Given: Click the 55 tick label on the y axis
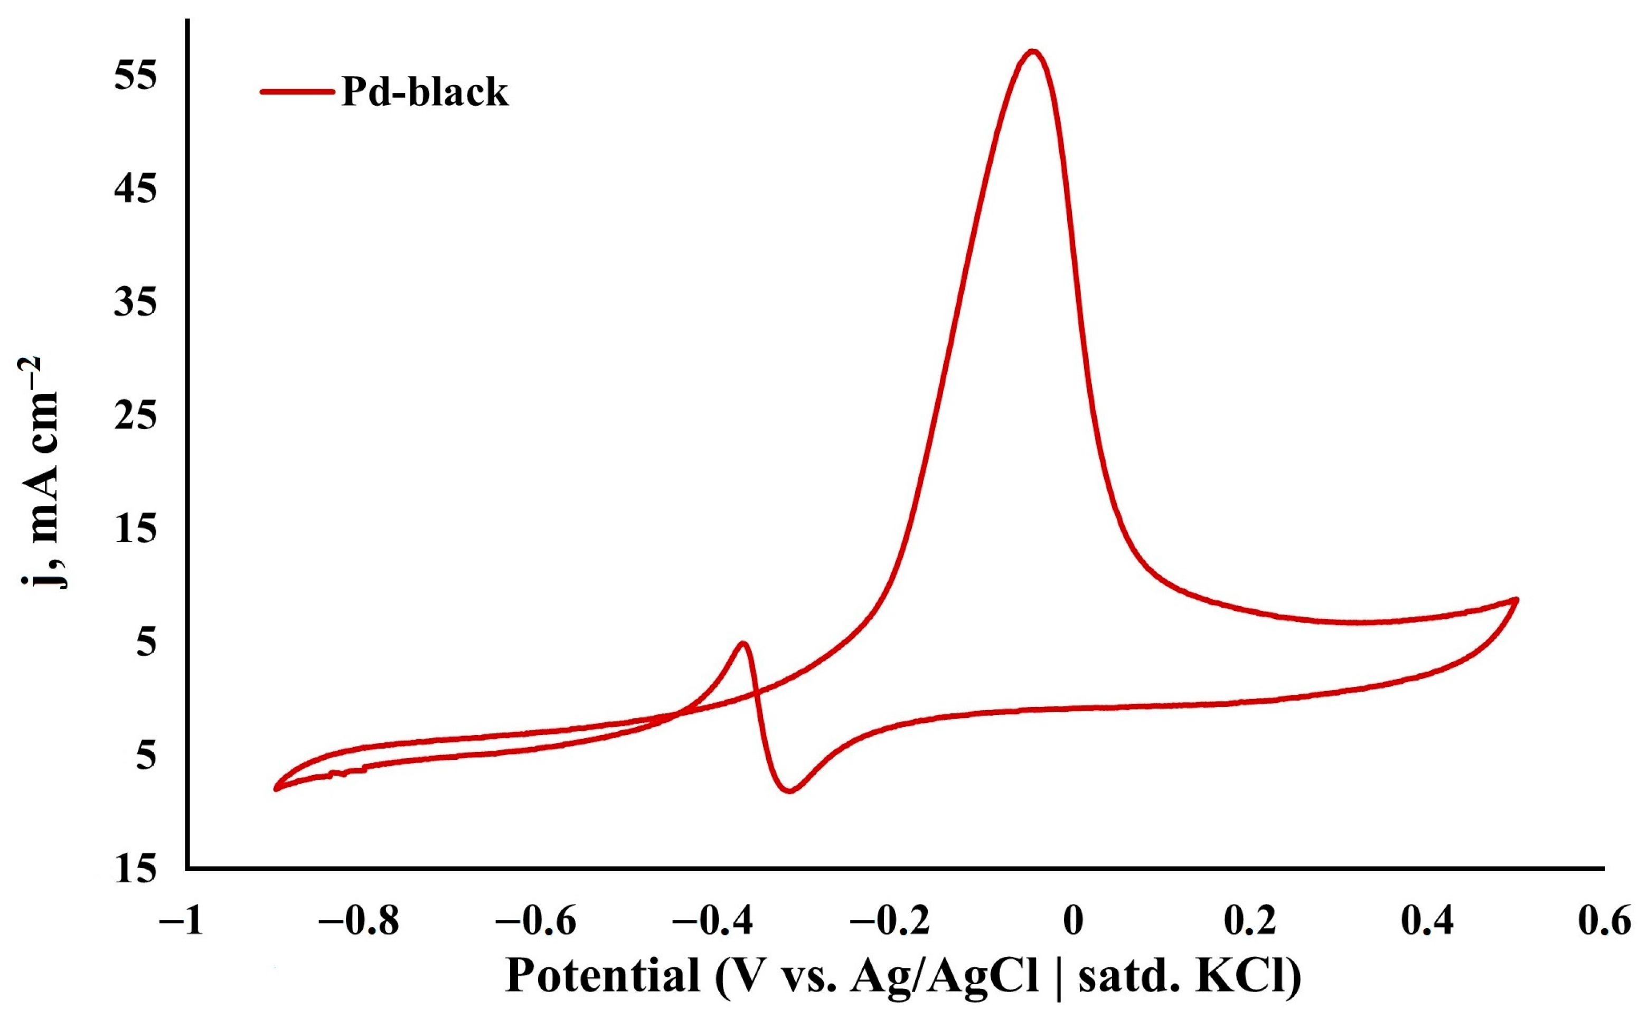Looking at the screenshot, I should pyautogui.click(x=135, y=76).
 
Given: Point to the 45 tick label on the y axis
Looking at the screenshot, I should pyautogui.click(x=135, y=189).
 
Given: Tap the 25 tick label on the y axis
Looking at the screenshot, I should pyautogui.click(x=135, y=416).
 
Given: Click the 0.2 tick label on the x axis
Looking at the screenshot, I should pyautogui.click(x=1249, y=922).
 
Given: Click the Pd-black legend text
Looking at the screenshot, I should pyautogui.click(x=424, y=92).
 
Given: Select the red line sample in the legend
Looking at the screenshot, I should pyautogui.click(x=296, y=91).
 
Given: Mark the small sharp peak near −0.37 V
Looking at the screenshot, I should pyautogui.click(x=743, y=643).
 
